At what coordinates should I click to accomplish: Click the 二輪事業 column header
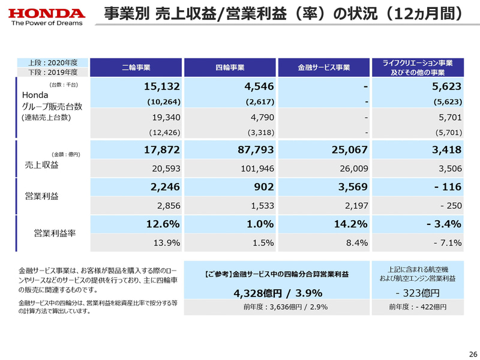click(136, 68)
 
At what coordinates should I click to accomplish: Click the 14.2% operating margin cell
click(349, 224)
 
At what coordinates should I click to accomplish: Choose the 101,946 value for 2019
click(255, 169)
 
